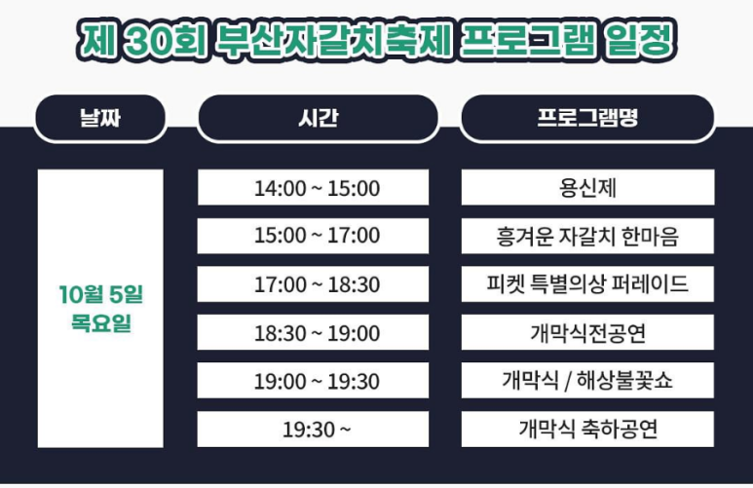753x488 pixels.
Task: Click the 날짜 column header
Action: point(100,119)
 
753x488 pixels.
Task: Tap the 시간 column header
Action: point(318,119)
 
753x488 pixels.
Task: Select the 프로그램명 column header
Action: point(587,119)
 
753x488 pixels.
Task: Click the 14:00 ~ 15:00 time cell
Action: point(313,188)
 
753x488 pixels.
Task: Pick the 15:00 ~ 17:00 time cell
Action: point(313,236)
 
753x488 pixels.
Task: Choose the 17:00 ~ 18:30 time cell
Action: point(313,284)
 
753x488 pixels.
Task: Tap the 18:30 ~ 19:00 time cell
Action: point(313,333)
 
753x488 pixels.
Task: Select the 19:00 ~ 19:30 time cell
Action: point(313,381)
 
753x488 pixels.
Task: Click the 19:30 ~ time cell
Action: point(313,430)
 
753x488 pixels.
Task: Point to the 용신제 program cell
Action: point(587,188)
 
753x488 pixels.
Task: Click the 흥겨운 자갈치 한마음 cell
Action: point(587,236)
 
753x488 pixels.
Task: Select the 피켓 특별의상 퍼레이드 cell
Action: point(587,284)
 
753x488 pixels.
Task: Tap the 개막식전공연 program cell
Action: point(587,333)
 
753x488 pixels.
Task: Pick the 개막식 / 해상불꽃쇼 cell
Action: point(587,381)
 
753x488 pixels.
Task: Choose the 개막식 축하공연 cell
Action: point(587,430)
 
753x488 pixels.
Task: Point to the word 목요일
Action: point(100,323)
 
